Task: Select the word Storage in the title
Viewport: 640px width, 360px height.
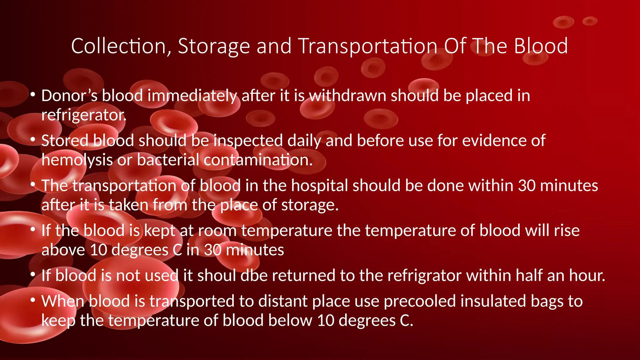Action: pos(214,46)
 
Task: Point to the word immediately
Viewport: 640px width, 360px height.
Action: pos(192,96)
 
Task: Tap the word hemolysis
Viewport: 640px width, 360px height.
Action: pos(77,160)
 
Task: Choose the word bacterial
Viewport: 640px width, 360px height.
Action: pos(168,160)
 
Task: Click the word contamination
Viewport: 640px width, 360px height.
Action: pos(258,160)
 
